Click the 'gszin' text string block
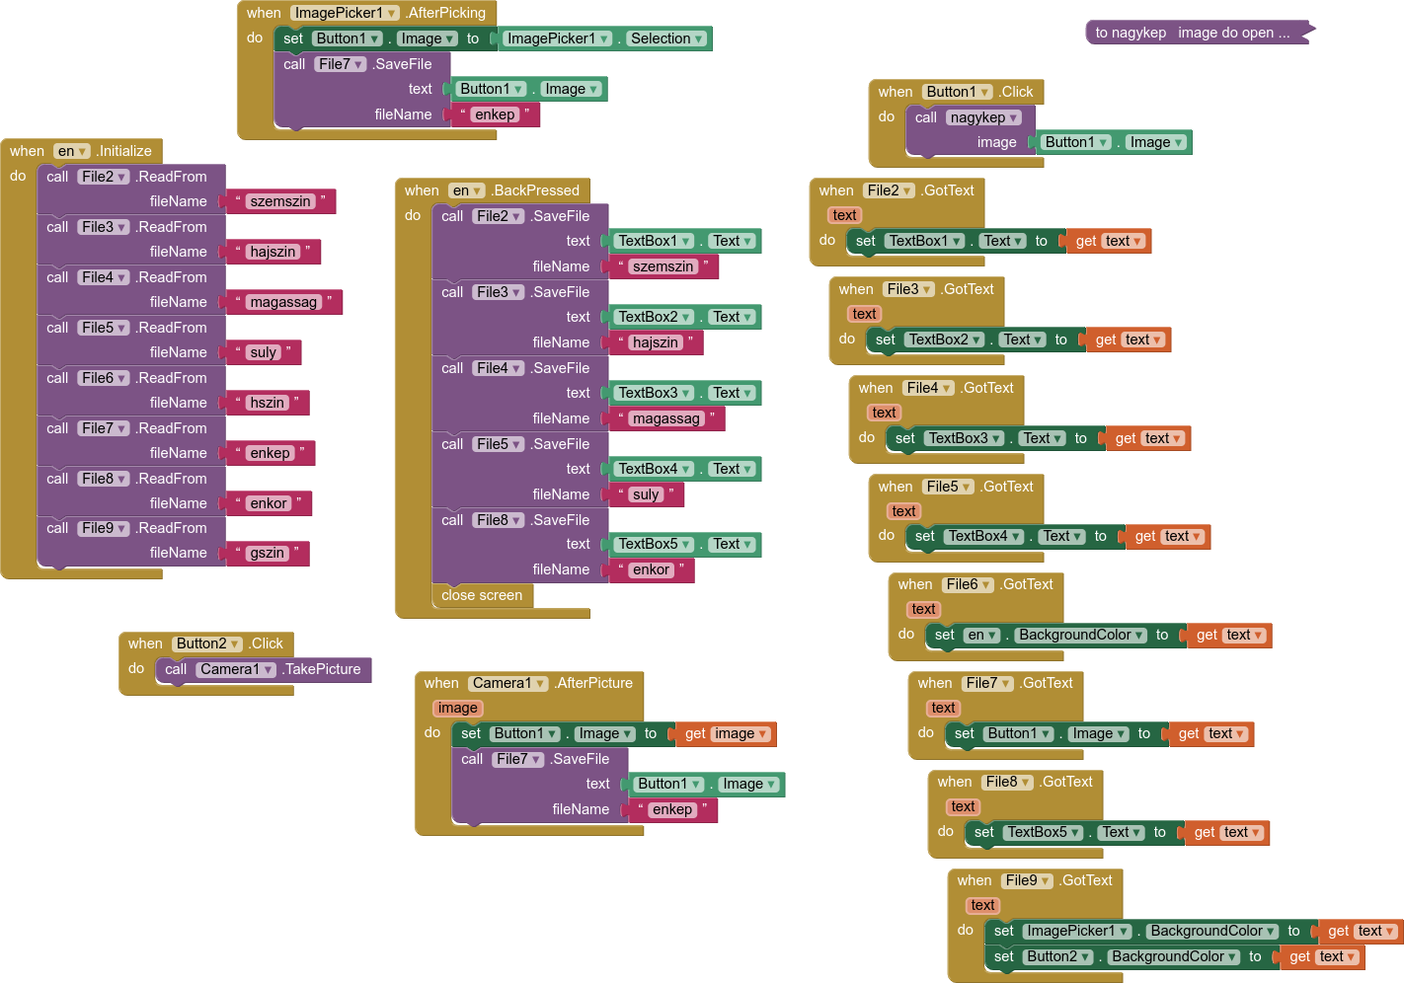pos(268,554)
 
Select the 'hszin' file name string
pos(268,403)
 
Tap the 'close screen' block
pos(482,595)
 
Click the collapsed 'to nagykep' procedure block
pos(1199,33)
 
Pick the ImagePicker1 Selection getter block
pos(605,38)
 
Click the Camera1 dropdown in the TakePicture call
pos(237,669)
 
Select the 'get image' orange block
pos(726,733)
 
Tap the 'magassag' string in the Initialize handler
pos(284,302)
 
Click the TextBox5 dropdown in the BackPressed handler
pos(655,544)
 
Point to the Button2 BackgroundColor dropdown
pos(1173,956)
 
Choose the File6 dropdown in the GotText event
pos(968,584)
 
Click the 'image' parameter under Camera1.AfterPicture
pos(457,708)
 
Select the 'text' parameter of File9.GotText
pos(982,905)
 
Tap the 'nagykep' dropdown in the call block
pos(982,117)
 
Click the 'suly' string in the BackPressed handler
pos(646,494)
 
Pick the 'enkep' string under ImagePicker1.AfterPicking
pos(495,114)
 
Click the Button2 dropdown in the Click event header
pos(206,643)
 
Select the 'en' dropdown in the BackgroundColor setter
pos(981,635)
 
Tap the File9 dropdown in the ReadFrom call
pos(104,528)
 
